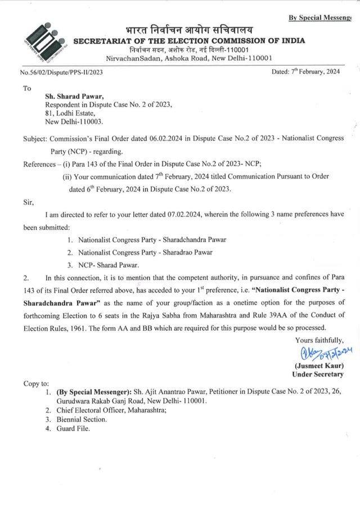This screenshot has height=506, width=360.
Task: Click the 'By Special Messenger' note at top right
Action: pyautogui.click(x=323, y=18)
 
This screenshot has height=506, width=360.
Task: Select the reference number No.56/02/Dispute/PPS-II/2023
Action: pyautogui.click(x=61, y=73)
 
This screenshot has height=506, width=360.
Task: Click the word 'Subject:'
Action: pyautogui.click(x=37, y=138)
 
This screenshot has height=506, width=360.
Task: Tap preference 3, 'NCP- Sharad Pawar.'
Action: pyautogui.click(x=109, y=266)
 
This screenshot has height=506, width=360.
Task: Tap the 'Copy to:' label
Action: pyautogui.click(x=37, y=383)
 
